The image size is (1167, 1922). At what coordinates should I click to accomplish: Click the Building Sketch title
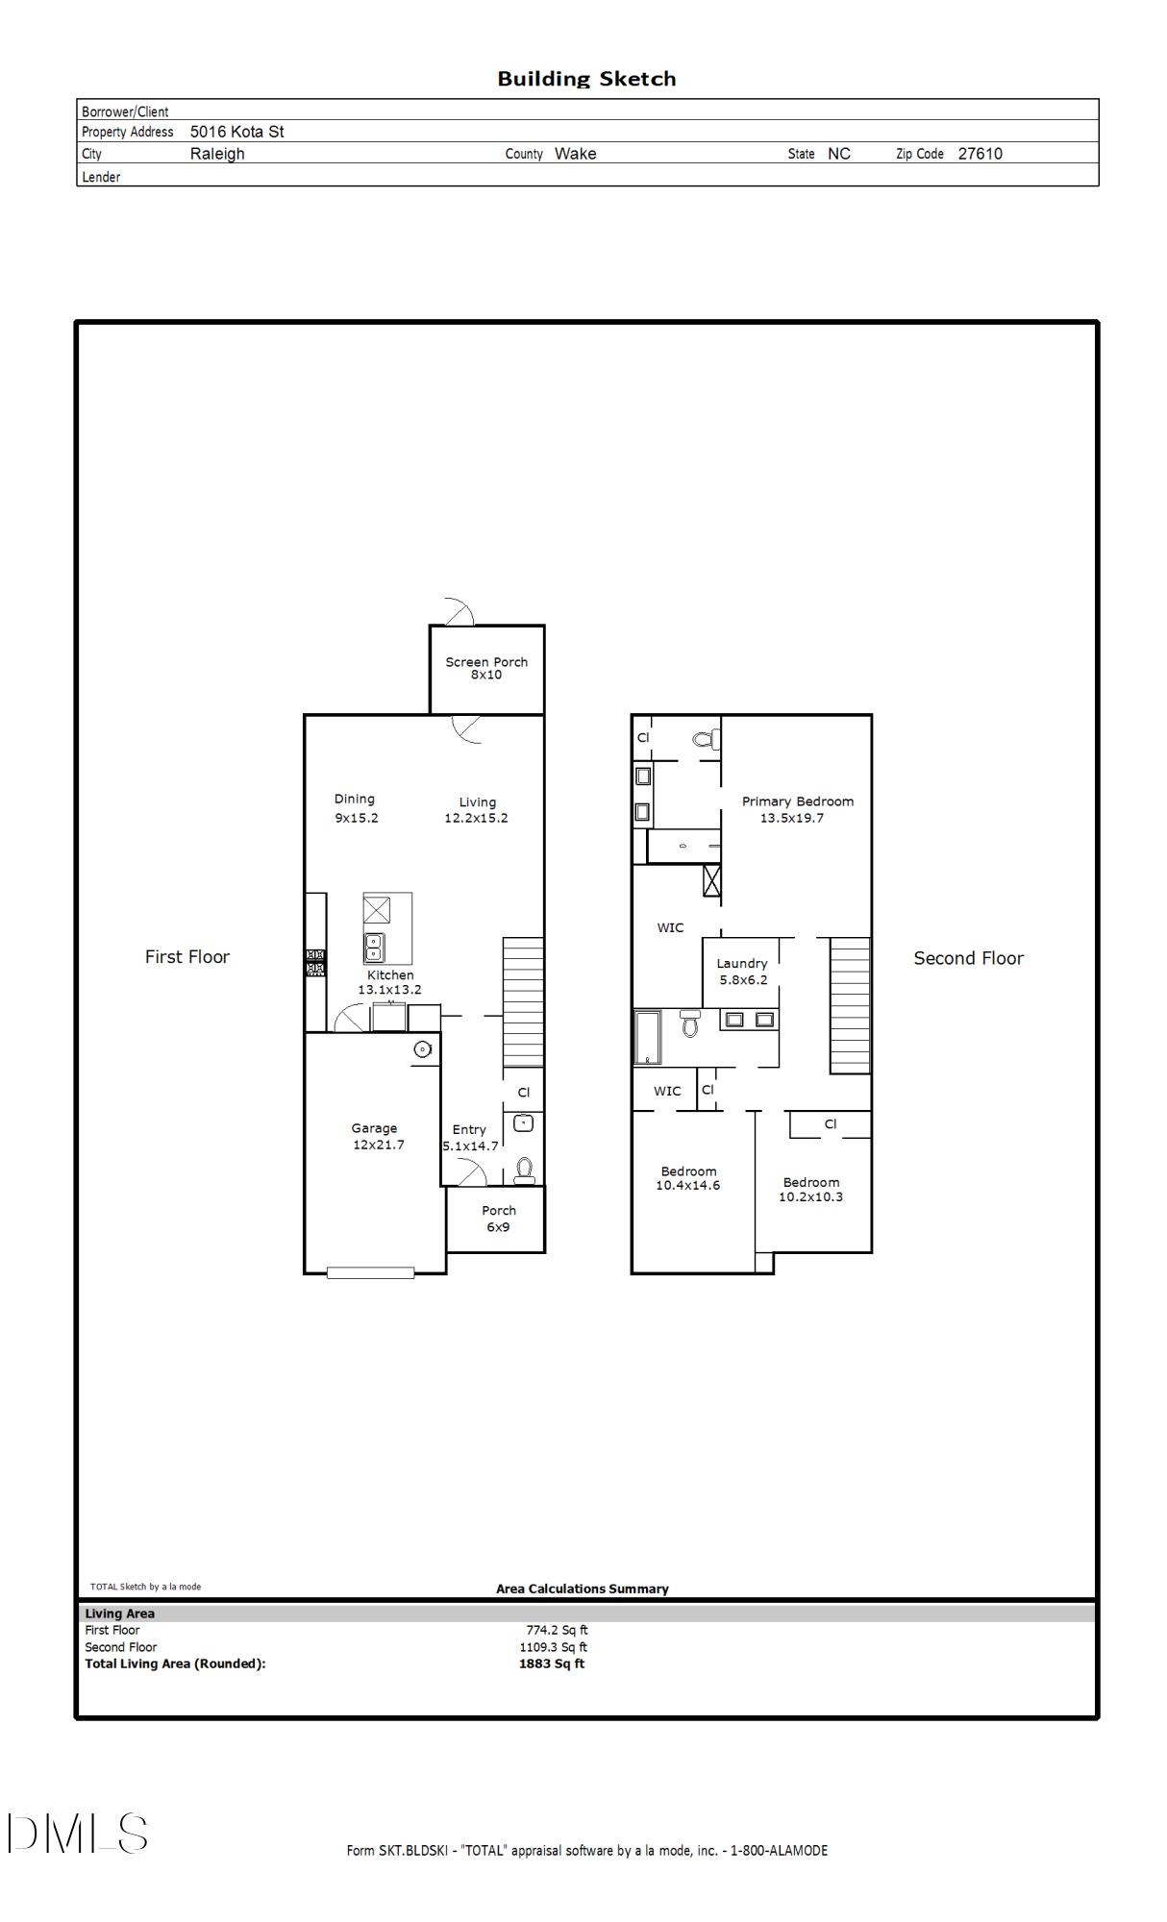[586, 79]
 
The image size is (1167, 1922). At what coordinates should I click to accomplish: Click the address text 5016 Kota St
[236, 132]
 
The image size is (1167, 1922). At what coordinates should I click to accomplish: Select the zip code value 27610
[980, 154]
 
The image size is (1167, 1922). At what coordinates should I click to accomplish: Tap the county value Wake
[575, 154]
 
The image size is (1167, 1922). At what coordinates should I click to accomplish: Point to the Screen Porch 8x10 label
[486, 668]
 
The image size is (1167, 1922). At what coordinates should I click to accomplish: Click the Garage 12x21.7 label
[376, 1136]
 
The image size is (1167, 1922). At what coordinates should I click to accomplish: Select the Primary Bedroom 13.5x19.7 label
[796, 809]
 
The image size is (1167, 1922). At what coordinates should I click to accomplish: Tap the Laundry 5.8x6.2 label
[742, 972]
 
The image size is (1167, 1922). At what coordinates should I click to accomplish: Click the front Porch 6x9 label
[498, 1219]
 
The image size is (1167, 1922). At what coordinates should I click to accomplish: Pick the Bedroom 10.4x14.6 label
[688, 1178]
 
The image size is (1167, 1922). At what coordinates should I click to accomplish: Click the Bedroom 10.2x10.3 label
[810, 1190]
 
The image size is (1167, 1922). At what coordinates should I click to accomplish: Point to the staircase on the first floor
[523, 1001]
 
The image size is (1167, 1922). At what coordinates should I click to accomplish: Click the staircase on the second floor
[850, 1005]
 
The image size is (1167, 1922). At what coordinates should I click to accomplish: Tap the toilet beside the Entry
[525, 1170]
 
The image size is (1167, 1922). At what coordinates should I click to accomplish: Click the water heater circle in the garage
[422, 1049]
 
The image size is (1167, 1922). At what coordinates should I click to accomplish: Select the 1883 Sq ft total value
[551, 1663]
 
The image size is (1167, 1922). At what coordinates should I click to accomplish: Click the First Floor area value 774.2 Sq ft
[557, 1630]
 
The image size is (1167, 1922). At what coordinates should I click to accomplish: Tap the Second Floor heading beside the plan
[967, 958]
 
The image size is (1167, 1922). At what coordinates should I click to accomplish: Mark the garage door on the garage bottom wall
[370, 1272]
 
